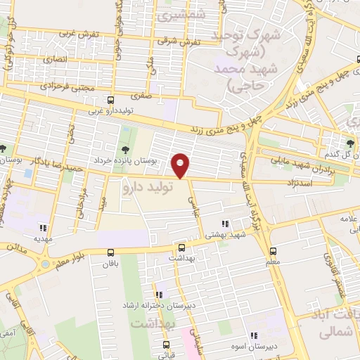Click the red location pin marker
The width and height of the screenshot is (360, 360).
(181, 165)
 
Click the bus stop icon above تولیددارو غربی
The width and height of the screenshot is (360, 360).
(109, 101)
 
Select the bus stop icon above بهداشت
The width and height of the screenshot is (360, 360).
(182, 247)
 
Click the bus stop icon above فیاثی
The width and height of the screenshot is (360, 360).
(167, 345)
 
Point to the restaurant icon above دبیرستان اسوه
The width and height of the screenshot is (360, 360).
(254, 335)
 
